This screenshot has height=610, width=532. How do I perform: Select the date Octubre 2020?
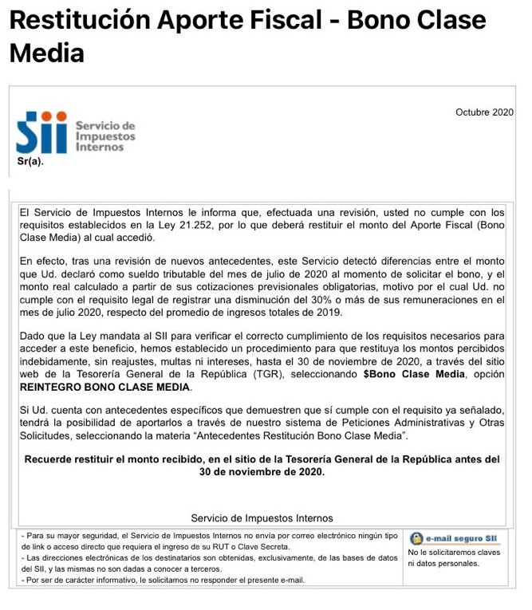484,112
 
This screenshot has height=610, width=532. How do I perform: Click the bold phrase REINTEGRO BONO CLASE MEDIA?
105,388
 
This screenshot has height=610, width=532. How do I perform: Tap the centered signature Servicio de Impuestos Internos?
262,518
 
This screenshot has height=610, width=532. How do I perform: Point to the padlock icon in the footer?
416,538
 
